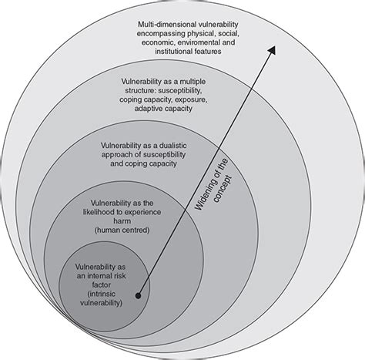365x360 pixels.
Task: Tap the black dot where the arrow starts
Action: (139, 294)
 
